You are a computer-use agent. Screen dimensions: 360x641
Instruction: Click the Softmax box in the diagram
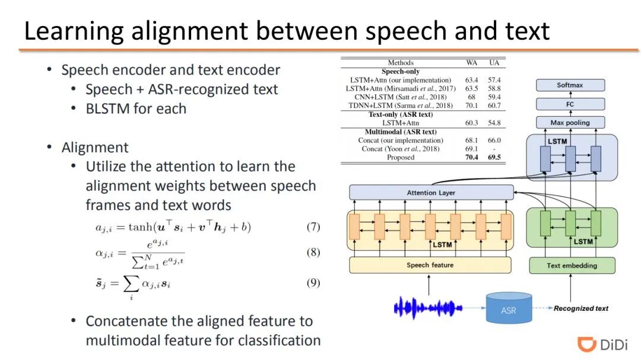[x=570, y=85]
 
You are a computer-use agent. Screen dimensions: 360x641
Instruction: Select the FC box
[x=570, y=104]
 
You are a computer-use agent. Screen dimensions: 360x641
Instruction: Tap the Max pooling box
[x=570, y=123]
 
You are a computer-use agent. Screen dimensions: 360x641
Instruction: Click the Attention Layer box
[x=431, y=193]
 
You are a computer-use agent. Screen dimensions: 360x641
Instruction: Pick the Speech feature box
[x=430, y=265]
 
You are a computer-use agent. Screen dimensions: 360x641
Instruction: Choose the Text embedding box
[x=572, y=266]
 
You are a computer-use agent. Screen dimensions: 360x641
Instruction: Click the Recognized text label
[x=581, y=308]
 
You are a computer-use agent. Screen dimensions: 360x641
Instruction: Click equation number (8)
[x=313, y=252]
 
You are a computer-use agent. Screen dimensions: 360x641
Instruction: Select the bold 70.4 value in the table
[x=472, y=158]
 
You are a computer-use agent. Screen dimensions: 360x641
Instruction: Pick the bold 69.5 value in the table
[x=494, y=158]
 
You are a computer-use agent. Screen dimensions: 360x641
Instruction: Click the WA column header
[x=472, y=62]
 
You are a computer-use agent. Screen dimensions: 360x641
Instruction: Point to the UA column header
[x=494, y=62]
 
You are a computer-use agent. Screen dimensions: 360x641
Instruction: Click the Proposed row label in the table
[x=401, y=158]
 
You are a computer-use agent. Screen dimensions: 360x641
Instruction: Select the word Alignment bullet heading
[x=95, y=147]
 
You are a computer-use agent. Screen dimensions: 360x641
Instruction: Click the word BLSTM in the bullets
[x=107, y=109]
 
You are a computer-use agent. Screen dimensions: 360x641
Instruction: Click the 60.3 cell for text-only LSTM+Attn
[x=472, y=123]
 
